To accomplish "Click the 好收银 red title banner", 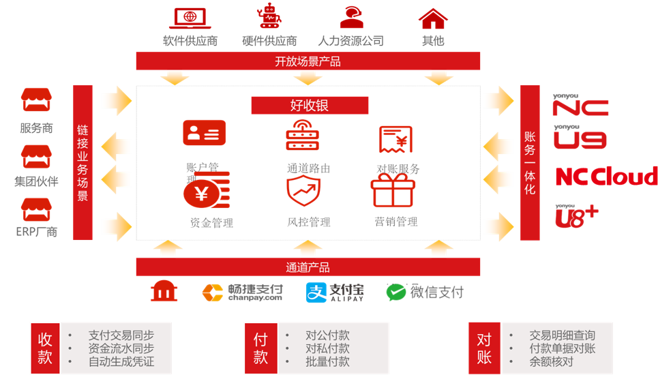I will pyautogui.click(x=310, y=105).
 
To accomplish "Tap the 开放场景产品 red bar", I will pyautogui.click(x=308, y=61).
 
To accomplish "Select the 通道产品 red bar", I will pyautogui.click(x=308, y=267).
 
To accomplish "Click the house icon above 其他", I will pyautogui.click(x=432, y=18).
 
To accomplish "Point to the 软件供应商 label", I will pyautogui.click(x=190, y=40).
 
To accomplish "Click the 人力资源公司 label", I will pyautogui.click(x=351, y=40).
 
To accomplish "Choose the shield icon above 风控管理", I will pyautogui.click(x=303, y=190).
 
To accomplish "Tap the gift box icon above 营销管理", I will pyautogui.click(x=392, y=190).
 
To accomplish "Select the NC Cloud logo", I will pyautogui.click(x=606, y=176).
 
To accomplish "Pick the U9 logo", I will pyautogui.click(x=580, y=139).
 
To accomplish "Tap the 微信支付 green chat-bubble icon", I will pyautogui.click(x=396, y=292).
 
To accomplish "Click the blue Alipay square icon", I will pyautogui.click(x=316, y=292).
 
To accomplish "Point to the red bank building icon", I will pyautogui.click(x=164, y=292).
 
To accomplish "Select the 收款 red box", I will pyautogui.click(x=45, y=348).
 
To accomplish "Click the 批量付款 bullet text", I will pyautogui.click(x=327, y=361).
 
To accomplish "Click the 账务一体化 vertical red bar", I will pyautogui.click(x=530, y=162).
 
